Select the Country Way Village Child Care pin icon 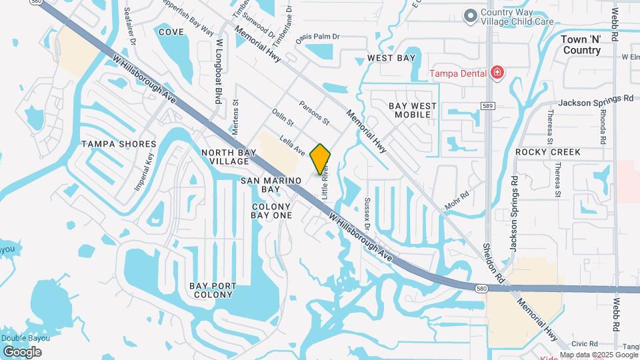[471, 15]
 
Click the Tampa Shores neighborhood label [119, 144]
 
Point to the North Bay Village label [225, 157]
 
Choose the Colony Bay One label [271, 211]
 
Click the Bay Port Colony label [213, 290]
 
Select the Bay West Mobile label [413, 110]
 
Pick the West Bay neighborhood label [391, 59]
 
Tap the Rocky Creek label [547, 152]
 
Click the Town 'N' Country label [581, 45]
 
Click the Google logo [21, 351]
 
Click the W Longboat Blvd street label [218, 71]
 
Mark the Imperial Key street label [144, 172]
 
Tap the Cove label [171, 31]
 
